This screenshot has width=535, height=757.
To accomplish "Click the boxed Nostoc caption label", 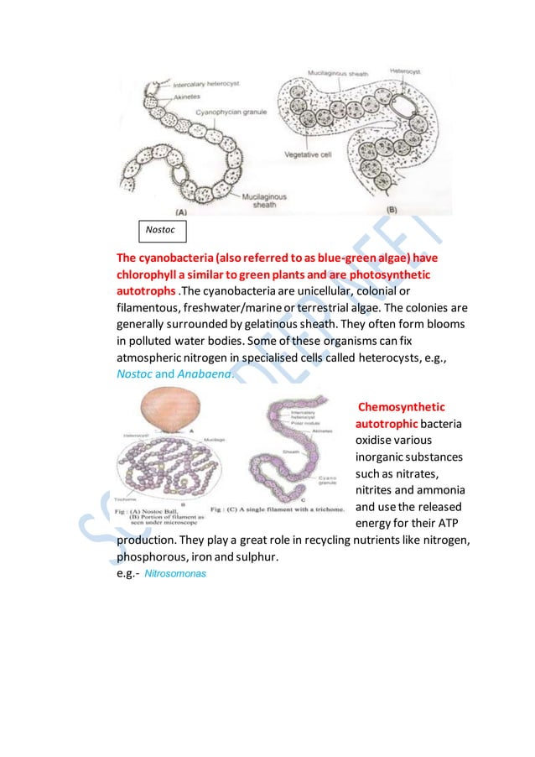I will [x=162, y=228].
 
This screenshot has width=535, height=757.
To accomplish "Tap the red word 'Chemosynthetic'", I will [x=401, y=407].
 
